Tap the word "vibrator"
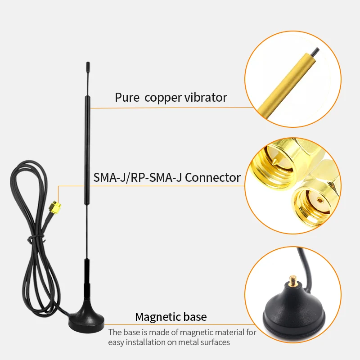[x=206, y=97]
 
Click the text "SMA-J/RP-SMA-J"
[x=138, y=177]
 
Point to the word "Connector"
[x=213, y=177]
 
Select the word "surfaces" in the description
[x=215, y=342]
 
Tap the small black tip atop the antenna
[x=87, y=67]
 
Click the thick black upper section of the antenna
[x=87, y=144]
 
